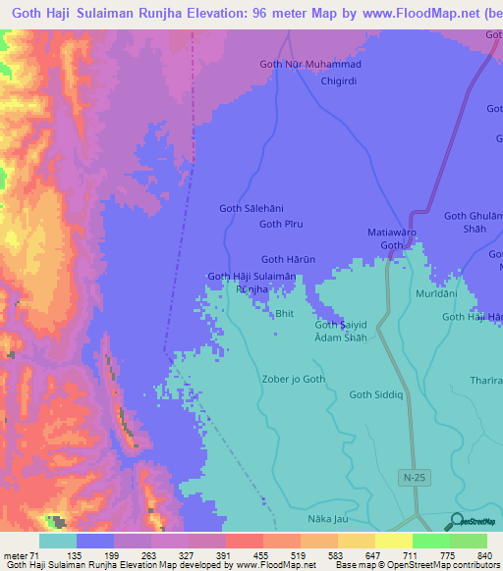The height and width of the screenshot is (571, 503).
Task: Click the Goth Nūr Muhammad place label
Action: point(309,65)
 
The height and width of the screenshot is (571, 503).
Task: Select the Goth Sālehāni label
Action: point(250,208)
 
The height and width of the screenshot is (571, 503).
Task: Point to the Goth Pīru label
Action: point(281,225)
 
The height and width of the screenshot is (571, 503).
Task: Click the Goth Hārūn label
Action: point(287,260)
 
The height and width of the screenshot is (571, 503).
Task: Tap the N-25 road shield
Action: point(415,476)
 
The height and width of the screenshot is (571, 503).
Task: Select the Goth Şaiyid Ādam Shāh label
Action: point(341,331)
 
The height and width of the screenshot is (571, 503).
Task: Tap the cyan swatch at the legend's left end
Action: point(58,541)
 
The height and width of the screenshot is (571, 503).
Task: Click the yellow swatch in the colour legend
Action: point(394,541)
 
